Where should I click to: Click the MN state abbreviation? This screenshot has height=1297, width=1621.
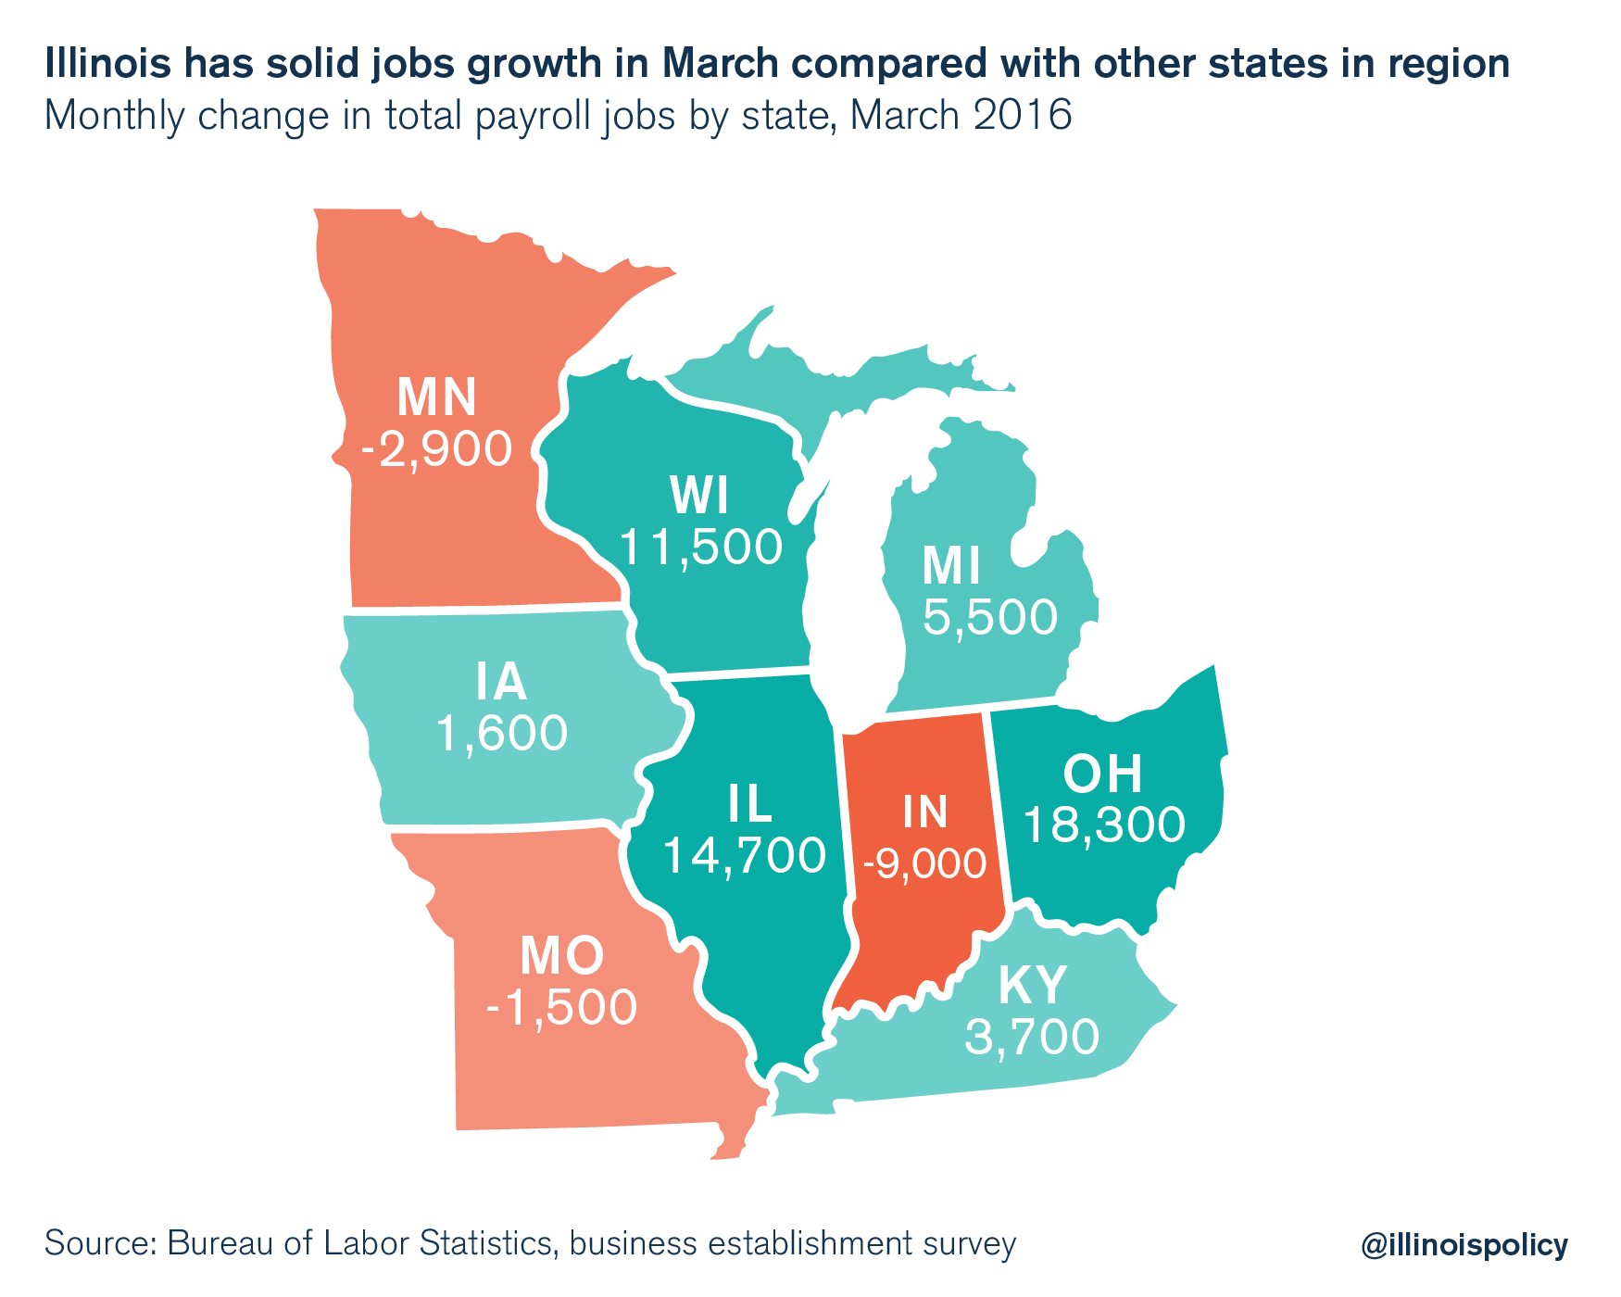tap(436, 397)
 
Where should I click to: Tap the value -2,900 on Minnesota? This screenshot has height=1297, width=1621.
tap(436, 450)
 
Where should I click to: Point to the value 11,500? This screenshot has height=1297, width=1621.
tap(700, 548)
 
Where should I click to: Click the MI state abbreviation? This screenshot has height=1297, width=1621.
tap(951, 567)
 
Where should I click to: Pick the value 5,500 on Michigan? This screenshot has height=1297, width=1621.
tap(989, 618)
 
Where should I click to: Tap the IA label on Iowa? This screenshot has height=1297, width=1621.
tap(501, 683)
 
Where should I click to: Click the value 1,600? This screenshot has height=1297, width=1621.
tap(501, 735)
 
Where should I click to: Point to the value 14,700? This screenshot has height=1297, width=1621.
tap(744, 856)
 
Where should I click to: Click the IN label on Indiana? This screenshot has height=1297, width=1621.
tap(924, 812)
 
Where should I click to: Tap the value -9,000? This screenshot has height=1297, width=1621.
tap(924, 864)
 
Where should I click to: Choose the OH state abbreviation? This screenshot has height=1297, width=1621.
tap(1102, 774)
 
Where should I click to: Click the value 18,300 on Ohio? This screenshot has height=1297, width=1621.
tap(1104, 825)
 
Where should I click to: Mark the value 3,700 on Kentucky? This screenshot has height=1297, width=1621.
tap(1032, 1038)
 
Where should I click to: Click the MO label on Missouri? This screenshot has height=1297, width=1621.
tap(562, 957)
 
